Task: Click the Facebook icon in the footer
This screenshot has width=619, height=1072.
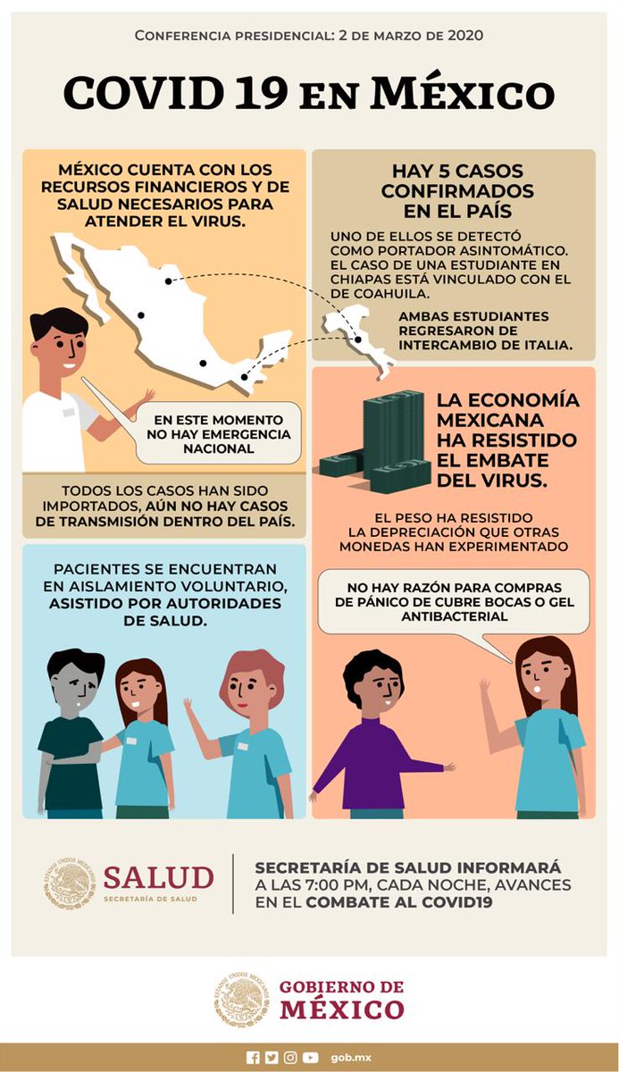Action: click(x=253, y=1057)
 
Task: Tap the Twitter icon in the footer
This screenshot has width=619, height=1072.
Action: click(x=272, y=1057)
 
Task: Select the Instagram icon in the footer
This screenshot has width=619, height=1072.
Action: click(x=290, y=1057)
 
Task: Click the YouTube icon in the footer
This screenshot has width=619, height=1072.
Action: click(x=310, y=1057)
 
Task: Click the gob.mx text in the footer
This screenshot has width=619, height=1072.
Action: click(x=351, y=1058)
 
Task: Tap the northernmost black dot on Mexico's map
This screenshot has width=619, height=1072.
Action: click(x=169, y=281)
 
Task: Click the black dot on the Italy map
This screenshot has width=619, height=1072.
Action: click(x=358, y=339)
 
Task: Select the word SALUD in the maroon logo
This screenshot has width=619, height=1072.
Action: click(x=158, y=877)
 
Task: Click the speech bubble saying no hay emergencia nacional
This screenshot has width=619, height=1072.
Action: click(x=218, y=434)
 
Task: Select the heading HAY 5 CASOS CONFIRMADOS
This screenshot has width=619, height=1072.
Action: click(x=457, y=190)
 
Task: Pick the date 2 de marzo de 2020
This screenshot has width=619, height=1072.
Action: click(x=411, y=36)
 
